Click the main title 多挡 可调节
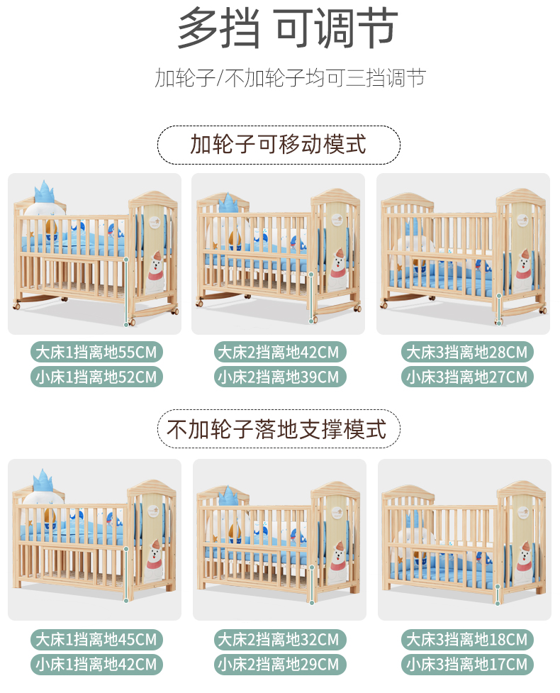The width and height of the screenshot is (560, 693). pos(288,28)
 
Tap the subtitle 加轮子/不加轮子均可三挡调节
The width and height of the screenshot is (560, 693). pos(290,78)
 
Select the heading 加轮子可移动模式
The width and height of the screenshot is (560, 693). pos(279,145)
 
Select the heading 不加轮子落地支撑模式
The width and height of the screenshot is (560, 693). pos(277,428)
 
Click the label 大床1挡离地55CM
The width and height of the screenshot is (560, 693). pos(96,353)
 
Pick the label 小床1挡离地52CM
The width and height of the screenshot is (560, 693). pos(96,377)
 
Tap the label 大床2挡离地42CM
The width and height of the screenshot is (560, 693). pos(280,353)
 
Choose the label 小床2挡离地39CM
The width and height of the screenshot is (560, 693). pos(280,377)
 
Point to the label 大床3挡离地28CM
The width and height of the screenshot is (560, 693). pos(467,353)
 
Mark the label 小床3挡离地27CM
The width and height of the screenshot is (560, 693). pos(467,377)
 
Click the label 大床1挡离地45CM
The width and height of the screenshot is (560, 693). pos(96,640)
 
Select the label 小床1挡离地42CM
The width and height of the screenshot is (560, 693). pos(96,664)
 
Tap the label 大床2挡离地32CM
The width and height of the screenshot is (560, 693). pos(280,640)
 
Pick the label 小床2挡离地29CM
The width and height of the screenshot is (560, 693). pos(280,664)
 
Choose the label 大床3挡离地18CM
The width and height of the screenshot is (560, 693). pos(467,640)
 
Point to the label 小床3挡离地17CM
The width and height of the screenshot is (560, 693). pos(467,664)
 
